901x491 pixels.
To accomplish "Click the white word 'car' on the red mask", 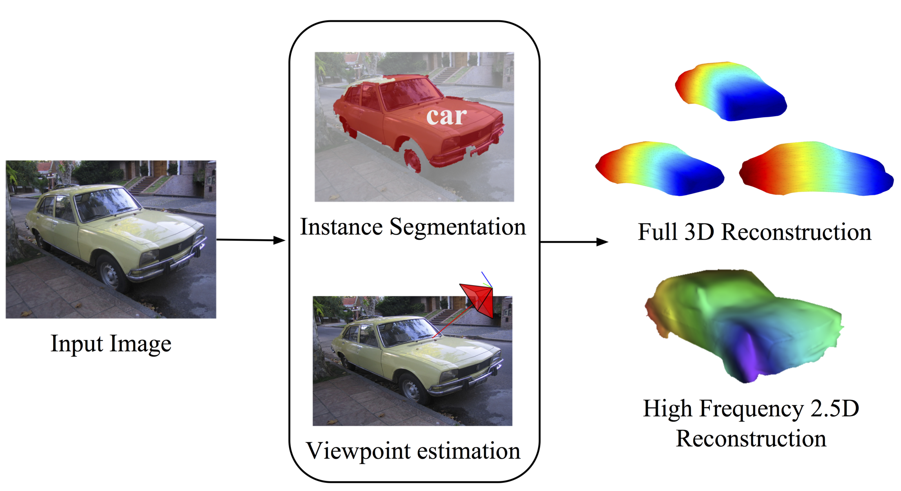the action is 446,117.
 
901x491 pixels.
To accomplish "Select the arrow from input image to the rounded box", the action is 250,240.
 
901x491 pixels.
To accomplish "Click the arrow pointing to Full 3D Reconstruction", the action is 574,242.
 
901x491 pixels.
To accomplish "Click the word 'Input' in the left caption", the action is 77,343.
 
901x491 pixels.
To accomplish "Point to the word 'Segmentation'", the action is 457,227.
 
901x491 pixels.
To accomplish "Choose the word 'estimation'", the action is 468,451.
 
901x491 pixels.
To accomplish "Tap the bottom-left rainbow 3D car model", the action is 660,168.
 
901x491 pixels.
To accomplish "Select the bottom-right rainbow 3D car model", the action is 816,168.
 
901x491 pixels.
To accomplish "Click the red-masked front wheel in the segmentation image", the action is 413,159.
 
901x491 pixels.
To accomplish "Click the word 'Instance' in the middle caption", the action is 341,227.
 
